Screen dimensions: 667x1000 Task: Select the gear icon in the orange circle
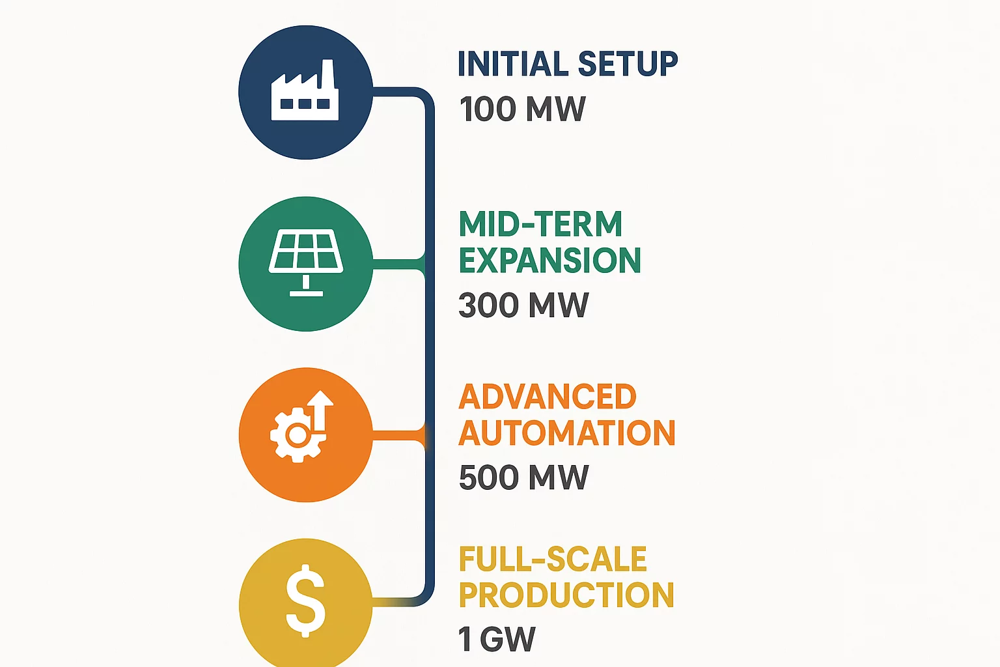pos(297,434)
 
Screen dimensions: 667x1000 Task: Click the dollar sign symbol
pos(305,601)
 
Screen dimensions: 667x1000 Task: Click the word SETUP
pos(628,64)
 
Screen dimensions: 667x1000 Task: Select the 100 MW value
pos(522,109)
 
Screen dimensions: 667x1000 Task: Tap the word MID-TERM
pos(540,224)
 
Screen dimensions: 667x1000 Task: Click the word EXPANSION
pos(550,261)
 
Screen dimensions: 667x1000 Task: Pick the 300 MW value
pos(523,305)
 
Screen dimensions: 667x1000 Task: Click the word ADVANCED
pos(548,397)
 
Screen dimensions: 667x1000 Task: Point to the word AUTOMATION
pos(567,433)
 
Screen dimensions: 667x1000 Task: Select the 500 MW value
pos(523,477)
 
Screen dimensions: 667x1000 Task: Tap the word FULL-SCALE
pos(553,560)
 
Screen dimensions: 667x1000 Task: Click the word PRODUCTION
pos(566,595)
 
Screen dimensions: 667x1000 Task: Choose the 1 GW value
pos(496,639)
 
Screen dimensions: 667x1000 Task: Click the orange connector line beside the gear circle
pos(397,435)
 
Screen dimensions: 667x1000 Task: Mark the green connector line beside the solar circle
pos(397,264)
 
